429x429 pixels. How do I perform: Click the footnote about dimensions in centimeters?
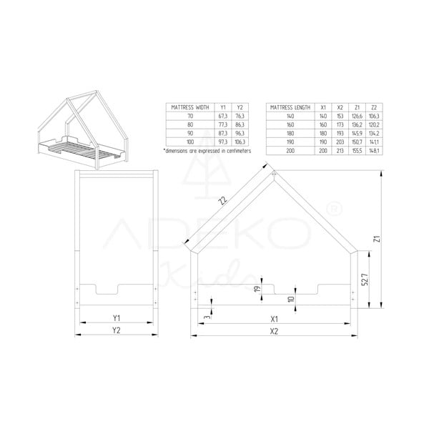tap(207, 152)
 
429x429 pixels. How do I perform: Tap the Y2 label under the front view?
tap(116, 330)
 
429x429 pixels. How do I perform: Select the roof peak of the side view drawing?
tap(274, 171)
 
